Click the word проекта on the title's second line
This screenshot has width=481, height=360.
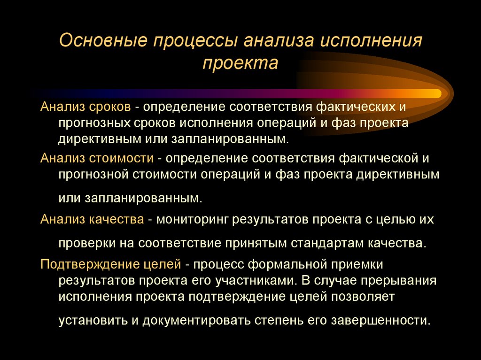240,63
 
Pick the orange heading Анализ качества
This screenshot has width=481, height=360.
92,219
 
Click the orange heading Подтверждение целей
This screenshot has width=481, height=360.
111,264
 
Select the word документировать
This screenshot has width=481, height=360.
198,321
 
